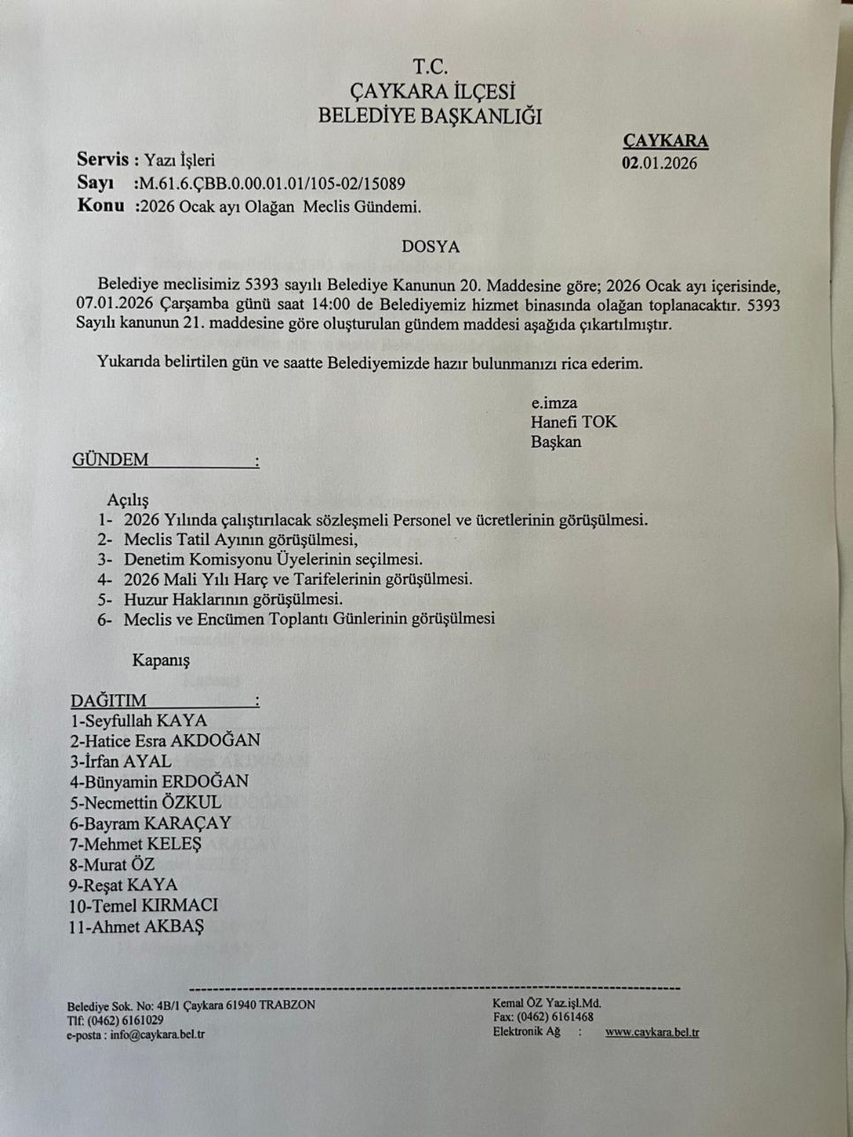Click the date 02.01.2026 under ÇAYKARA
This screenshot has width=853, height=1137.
coord(659,163)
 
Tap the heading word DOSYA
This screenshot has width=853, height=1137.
coord(430,247)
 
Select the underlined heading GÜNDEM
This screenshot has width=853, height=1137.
coord(110,460)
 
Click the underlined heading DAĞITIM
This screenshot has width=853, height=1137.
coord(109,701)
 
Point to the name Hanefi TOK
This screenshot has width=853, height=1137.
coord(574,422)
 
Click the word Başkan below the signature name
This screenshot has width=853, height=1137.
coord(556,442)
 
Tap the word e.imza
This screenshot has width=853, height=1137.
coord(554,403)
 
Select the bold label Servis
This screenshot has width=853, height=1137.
coord(103,160)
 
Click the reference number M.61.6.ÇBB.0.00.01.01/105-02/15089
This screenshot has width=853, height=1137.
coord(270,184)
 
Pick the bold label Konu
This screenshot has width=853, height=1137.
coord(100,207)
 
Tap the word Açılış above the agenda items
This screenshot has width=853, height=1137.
coord(128,500)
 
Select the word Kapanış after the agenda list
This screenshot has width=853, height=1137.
coord(161,660)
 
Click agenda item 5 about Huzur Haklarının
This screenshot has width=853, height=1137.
coord(221,599)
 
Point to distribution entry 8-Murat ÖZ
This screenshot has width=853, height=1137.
coord(112,864)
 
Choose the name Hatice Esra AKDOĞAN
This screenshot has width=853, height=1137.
coord(165,740)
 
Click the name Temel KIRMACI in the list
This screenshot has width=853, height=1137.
coord(143,906)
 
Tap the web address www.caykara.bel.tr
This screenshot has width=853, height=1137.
coord(652,1032)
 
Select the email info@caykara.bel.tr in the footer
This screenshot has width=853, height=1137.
coord(157,1035)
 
